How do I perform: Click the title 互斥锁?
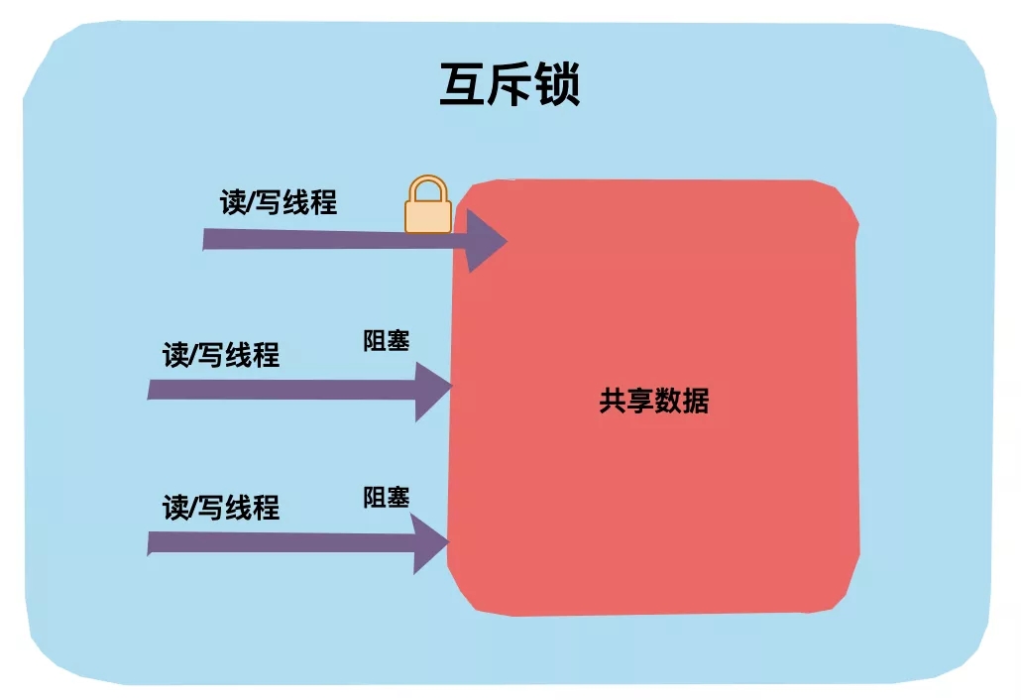pos(510,85)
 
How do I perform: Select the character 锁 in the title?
pos(557,85)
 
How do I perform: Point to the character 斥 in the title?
pos(510,85)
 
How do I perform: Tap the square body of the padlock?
pos(428,216)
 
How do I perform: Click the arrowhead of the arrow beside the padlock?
pos(485,241)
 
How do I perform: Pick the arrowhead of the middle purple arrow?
pos(432,391)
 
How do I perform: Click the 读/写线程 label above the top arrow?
pos(279,202)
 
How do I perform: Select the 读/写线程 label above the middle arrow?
pos(221,354)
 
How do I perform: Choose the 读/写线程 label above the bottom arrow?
pos(221,508)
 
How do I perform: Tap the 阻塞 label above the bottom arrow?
pos(386,497)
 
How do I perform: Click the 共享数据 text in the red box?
pos(653,401)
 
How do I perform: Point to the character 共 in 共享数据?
pos(613,401)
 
